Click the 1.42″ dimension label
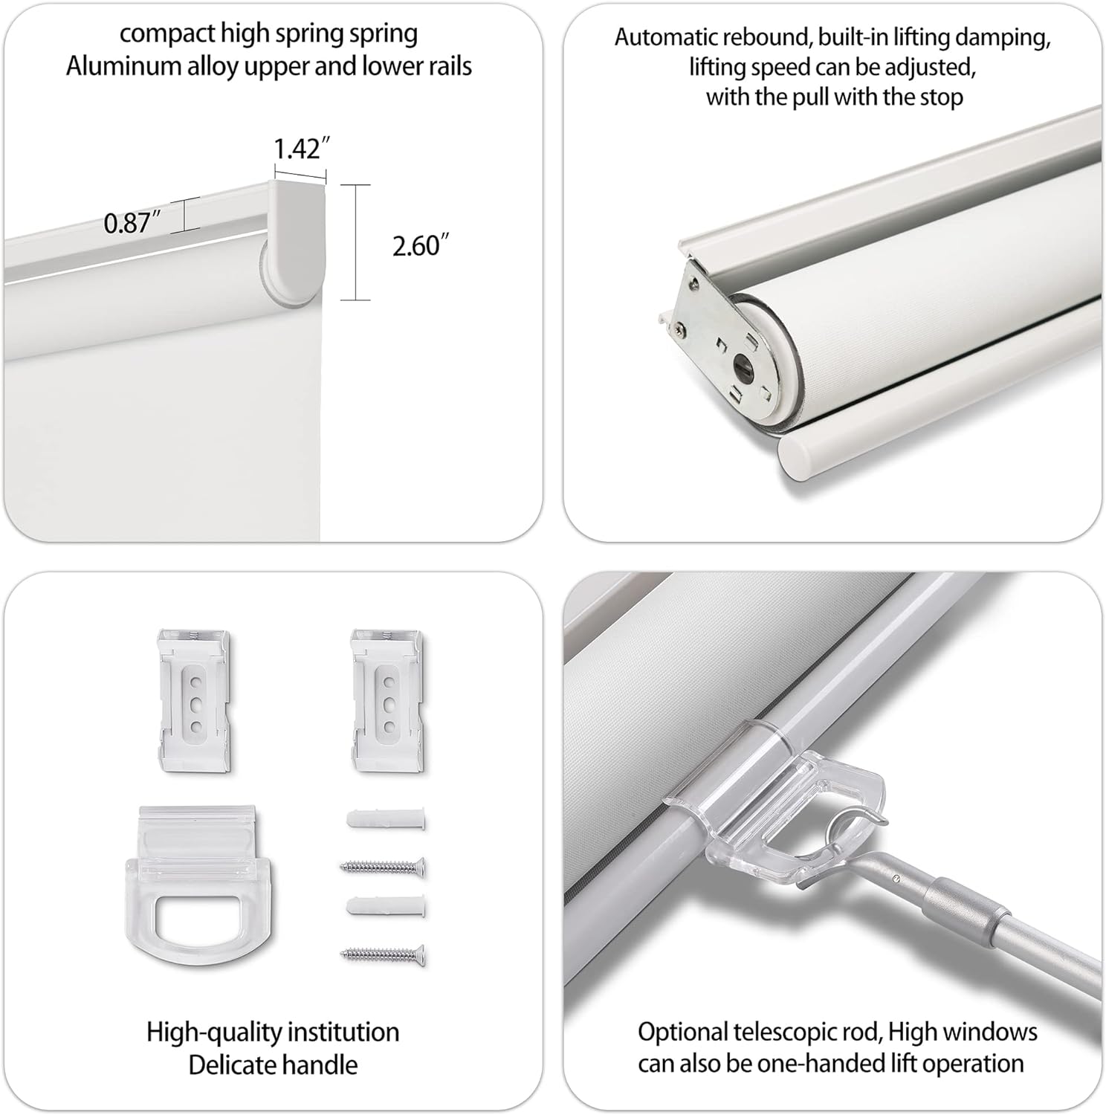click(301, 149)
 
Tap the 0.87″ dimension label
click(132, 223)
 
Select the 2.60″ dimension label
click(421, 246)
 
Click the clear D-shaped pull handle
click(192, 884)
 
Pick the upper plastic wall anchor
click(386, 821)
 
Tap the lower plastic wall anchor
click(386, 908)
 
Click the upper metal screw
click(384, 865)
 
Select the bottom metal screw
click(384, 953)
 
